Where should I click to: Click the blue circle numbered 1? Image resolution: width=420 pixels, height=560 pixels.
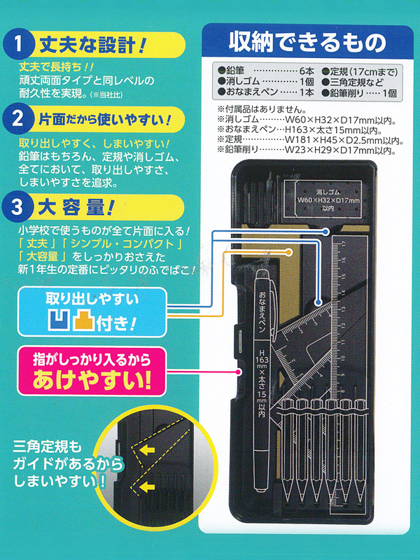(x=18, y=44)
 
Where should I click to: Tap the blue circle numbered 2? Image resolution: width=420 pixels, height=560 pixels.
(x=17, y=118)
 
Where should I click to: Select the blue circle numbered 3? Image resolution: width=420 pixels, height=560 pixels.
(x=17, y=206)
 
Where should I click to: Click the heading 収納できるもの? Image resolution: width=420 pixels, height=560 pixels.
(x=307, y=42)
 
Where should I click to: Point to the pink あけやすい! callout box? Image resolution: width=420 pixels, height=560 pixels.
(x=92, y=372)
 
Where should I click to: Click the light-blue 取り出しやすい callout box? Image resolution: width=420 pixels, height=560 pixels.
(x=92, y=312)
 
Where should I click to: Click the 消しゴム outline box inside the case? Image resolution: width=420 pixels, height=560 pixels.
(x=323, y=199)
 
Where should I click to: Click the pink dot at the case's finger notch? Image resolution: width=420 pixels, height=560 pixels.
(x=239, y=372)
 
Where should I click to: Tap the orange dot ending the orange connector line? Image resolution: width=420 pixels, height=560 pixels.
(x=288, y=253)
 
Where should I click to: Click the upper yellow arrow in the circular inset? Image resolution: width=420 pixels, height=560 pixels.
(x=147, y=449)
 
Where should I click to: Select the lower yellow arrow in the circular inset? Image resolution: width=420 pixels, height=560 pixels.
(x=147, y=486)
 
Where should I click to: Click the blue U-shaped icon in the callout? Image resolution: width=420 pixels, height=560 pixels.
(x=59, y=320)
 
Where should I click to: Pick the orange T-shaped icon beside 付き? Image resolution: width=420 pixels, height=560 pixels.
(x=83, y=320)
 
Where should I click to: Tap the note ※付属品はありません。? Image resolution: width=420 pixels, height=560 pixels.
(x=262, y=109)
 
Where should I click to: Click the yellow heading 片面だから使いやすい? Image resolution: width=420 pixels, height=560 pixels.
(x=104, y=119)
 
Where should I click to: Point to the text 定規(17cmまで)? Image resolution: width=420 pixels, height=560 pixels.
(x=363, y=71)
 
